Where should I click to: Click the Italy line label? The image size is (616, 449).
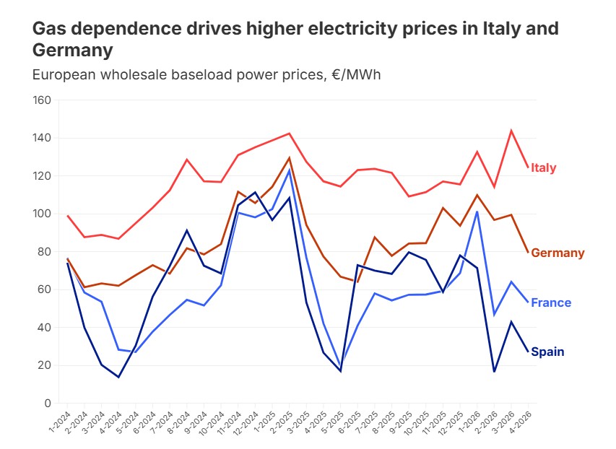[x=543, y=168]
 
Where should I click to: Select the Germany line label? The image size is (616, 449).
[x=558, y=253]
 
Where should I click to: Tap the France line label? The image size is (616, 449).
[x=551, y=303]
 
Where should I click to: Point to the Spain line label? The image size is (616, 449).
[x=547, y=352]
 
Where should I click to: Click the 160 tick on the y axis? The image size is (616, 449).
[x=41, y=100]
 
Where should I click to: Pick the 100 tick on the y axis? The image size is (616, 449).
[x=41, y=214]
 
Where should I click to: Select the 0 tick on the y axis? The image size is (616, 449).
[x=47, y=404]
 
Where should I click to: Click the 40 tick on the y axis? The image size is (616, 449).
[x=44, y=328]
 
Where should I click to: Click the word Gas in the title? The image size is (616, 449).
[x=50, y=29]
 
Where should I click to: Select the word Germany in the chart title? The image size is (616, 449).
[x=72, y=51]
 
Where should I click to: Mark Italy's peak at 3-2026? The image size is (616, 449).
[x=511, y=131]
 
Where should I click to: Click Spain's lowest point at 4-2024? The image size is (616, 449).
[x=118, y=377]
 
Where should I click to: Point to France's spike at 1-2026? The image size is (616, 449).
[x=477, y=212]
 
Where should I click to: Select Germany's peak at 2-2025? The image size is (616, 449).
[x=290, y=158]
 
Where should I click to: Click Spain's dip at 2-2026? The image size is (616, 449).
[x=495, y=372]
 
